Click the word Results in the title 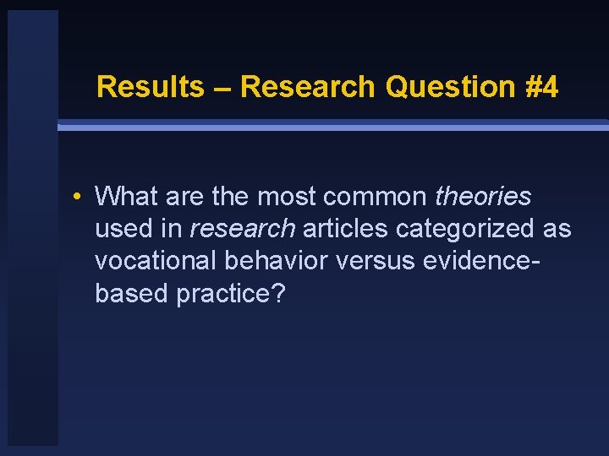click(150, 87)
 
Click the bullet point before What click(77, 198)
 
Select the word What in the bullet click(128, 197)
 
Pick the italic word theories click(483, 197)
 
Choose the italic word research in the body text click(243, 229)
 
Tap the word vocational click(156, 261)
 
